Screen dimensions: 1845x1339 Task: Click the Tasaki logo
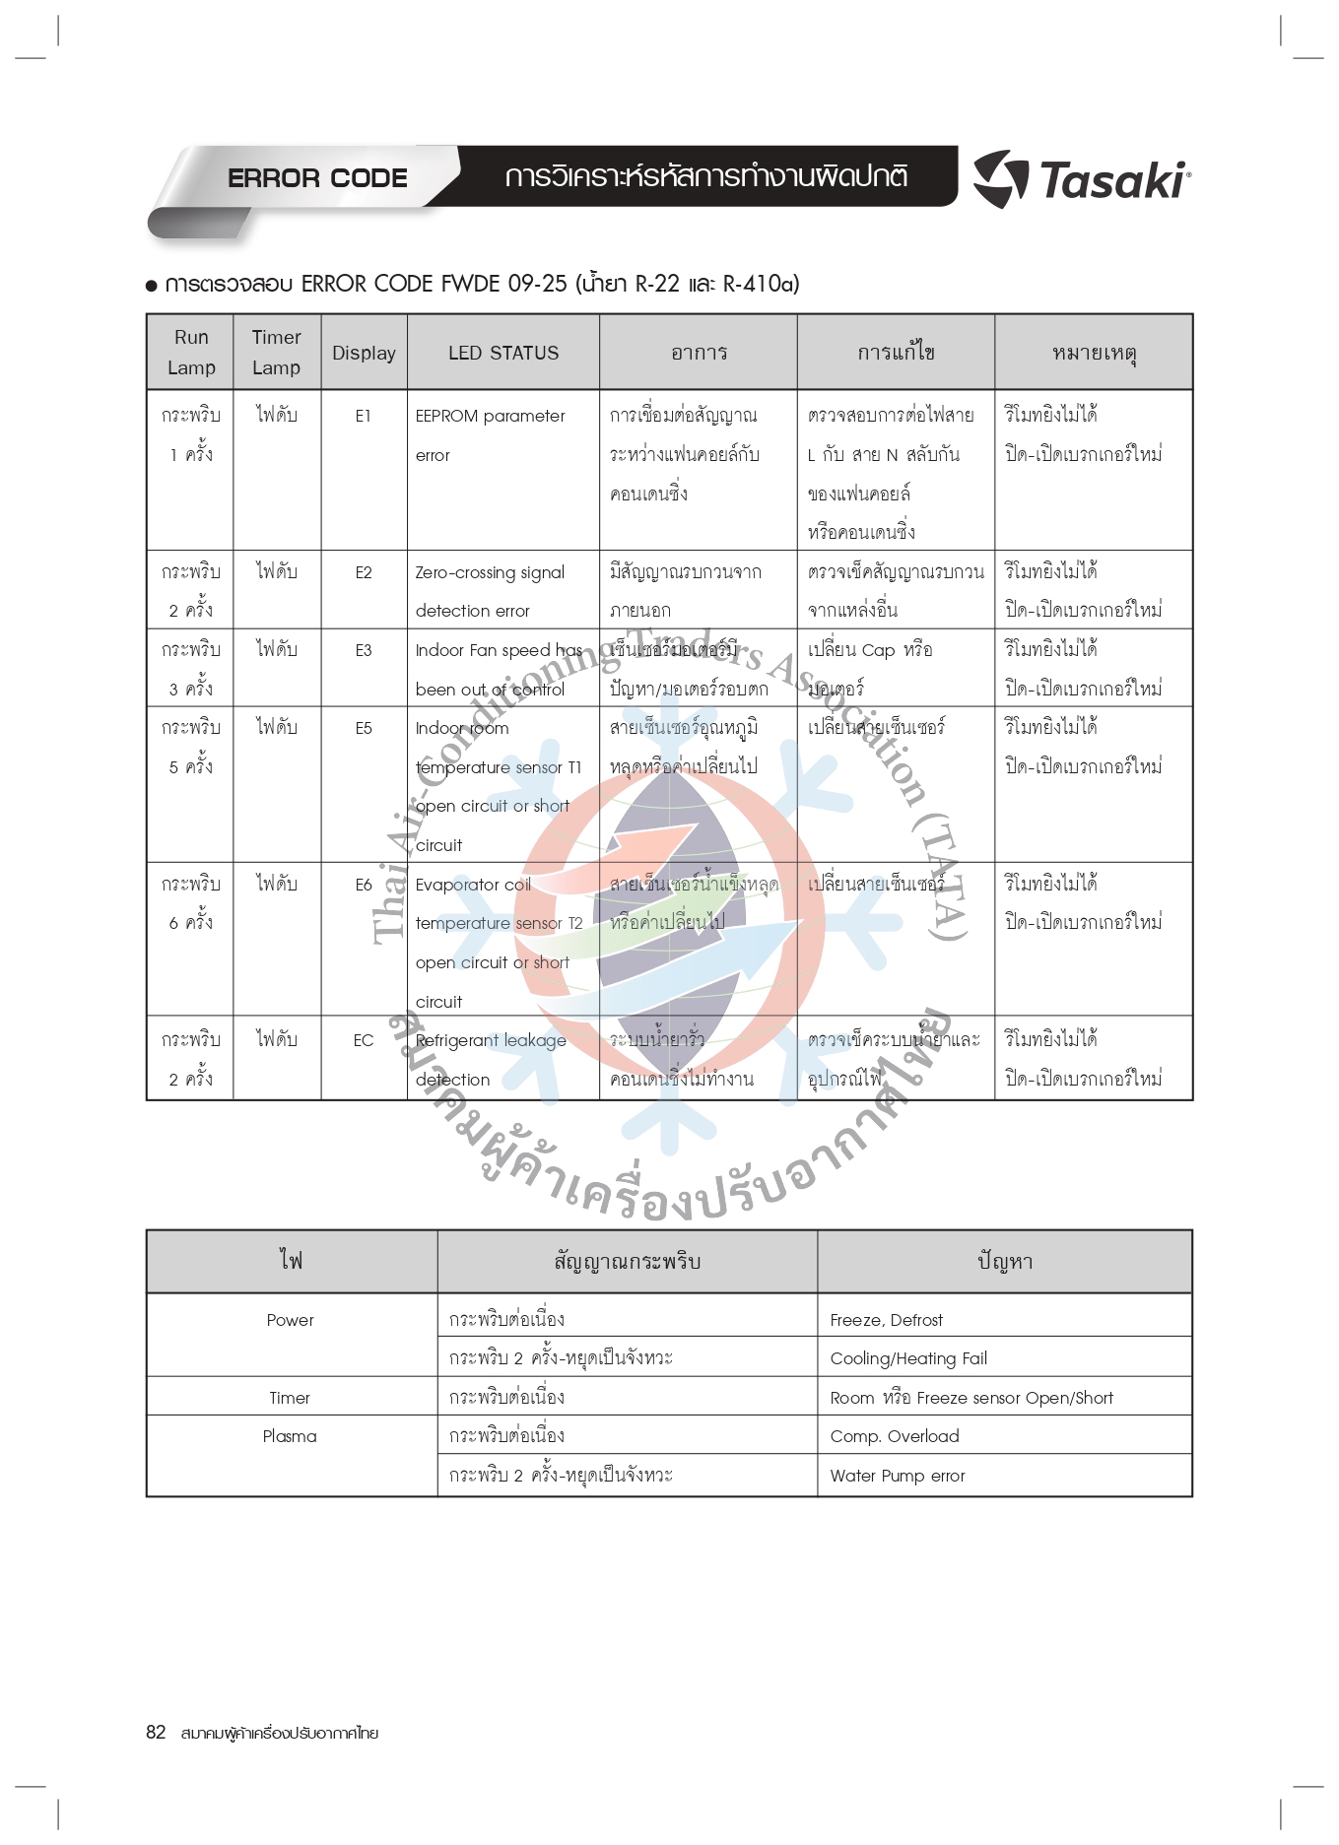1082,179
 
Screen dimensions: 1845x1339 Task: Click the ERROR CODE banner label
317,178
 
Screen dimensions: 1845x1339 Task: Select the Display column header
364,353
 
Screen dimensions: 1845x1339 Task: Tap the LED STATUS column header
503,353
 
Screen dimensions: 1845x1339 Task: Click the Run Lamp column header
191,352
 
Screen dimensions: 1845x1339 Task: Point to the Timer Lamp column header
276,352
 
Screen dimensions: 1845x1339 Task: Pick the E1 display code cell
364,416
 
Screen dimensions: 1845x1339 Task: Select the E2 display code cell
364,572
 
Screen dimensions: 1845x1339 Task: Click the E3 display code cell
364,650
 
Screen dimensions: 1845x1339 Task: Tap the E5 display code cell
364,728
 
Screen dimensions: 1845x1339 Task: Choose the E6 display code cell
364,885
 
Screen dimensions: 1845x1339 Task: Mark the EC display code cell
364,1040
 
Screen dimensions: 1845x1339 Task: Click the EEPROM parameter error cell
490,434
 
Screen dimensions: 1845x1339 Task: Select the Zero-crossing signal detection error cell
490,591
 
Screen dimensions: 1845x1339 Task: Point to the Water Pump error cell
898,1476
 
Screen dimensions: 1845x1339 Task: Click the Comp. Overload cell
895,1436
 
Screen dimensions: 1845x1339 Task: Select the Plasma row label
290,1436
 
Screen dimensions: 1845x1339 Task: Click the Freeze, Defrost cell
886,1320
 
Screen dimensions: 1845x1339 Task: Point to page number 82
156,1733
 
